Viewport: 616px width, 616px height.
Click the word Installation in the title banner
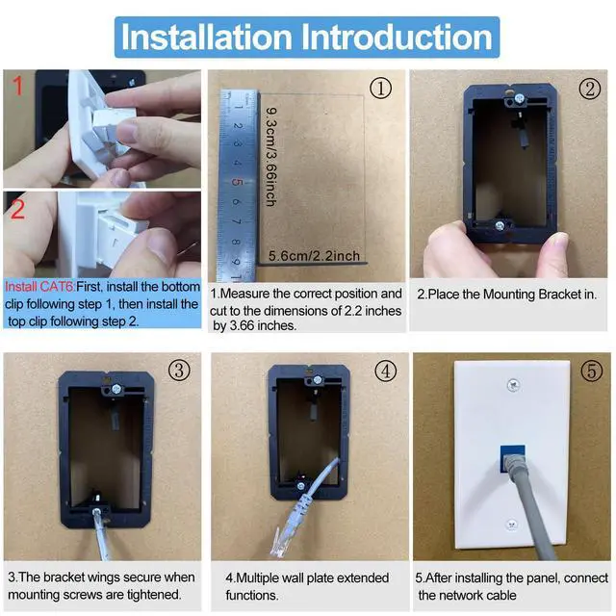(207, 37)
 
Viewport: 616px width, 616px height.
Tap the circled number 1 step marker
(380, 88)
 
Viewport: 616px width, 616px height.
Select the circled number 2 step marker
(590, 89)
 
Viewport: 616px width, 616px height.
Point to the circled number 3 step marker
(179, 370)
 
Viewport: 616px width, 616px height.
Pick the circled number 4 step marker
(386, 371)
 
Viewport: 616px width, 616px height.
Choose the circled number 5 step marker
(591, 371)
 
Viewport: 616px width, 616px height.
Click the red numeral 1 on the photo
(17, 86)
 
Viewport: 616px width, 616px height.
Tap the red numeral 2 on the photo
(17, 210)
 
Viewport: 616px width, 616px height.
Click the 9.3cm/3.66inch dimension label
(270, 157)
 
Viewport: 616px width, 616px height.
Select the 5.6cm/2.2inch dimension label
(314, 256)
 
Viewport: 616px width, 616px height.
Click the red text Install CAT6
(39, 287)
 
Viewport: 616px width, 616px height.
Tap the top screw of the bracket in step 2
(520, 98)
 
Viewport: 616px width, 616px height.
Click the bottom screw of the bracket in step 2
(500, 225)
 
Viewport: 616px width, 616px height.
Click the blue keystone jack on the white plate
(512, 458)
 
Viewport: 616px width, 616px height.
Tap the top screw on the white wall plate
(513, 385)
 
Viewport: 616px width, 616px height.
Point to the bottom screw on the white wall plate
(511, 524)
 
